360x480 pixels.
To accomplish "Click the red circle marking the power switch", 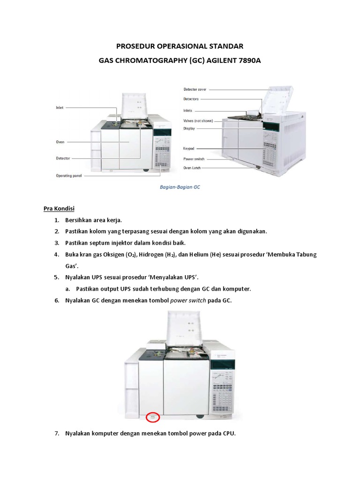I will tap(153, 417).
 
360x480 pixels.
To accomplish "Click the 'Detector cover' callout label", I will tap(195, 89).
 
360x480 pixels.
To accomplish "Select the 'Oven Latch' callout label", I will tap(192, 167).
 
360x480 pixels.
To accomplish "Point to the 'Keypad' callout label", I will tap(188, 148).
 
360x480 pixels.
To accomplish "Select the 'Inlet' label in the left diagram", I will tap(59, 107).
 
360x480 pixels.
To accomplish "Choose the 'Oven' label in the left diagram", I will tap(60, 141).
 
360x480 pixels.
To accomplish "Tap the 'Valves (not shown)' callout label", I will tap(198, 120).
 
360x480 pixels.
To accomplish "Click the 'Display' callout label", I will tap(189, 128).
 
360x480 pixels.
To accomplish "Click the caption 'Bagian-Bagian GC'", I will tap(180, 187).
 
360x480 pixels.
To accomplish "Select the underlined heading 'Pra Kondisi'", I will tap(60, 208).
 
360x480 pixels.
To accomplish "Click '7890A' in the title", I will tap(246, 61).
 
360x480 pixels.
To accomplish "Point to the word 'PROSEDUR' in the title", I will tap(136, 46).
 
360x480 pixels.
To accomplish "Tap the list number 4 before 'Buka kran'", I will tap(56, 255).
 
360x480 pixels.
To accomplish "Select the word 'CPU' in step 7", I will tap(228, 434).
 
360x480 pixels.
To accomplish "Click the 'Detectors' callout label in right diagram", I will tap(191, 99).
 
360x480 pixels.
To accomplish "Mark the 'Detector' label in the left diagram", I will tap(63, 158).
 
